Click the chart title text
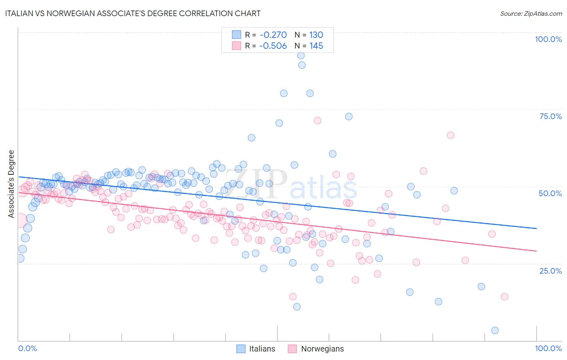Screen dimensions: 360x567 pos(133,13)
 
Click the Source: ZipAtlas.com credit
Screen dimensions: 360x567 pos(531,13)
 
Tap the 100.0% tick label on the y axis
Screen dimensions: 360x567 pos(548,39)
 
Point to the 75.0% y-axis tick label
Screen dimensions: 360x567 pos(550,116)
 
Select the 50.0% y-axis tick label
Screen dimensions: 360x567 pos(550,193)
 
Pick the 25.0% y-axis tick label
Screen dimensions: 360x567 pos(550,270)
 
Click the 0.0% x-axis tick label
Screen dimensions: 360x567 pos(28,348)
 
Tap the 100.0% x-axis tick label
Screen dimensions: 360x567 pos(548,348)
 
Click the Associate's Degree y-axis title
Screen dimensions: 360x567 pos(11,184)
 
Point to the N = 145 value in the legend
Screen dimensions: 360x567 pos(309,46)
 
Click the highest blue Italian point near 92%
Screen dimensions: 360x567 pos(300,56)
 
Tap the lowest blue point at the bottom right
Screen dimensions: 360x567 pos(495,331)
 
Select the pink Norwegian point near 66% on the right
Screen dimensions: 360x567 pos(450,135)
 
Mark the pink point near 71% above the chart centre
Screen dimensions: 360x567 pos(317,121)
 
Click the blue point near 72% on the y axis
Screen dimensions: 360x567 pos(349,117)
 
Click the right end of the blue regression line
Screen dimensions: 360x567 pos(536,228)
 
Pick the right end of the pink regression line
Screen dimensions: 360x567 pos(536,251)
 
